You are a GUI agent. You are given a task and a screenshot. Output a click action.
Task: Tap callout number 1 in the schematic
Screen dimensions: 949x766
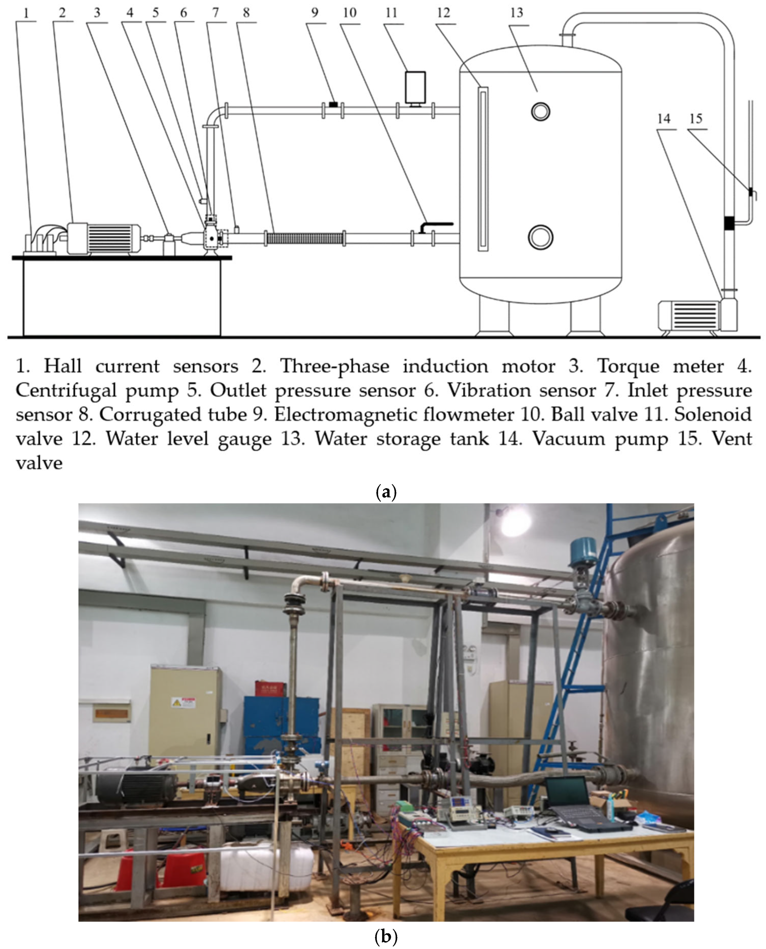[x=26, y=13]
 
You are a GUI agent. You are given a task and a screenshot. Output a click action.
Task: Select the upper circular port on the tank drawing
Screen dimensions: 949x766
[x=540, y=111]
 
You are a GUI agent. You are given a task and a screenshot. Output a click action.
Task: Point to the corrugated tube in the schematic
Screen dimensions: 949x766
[x=304, y=239]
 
